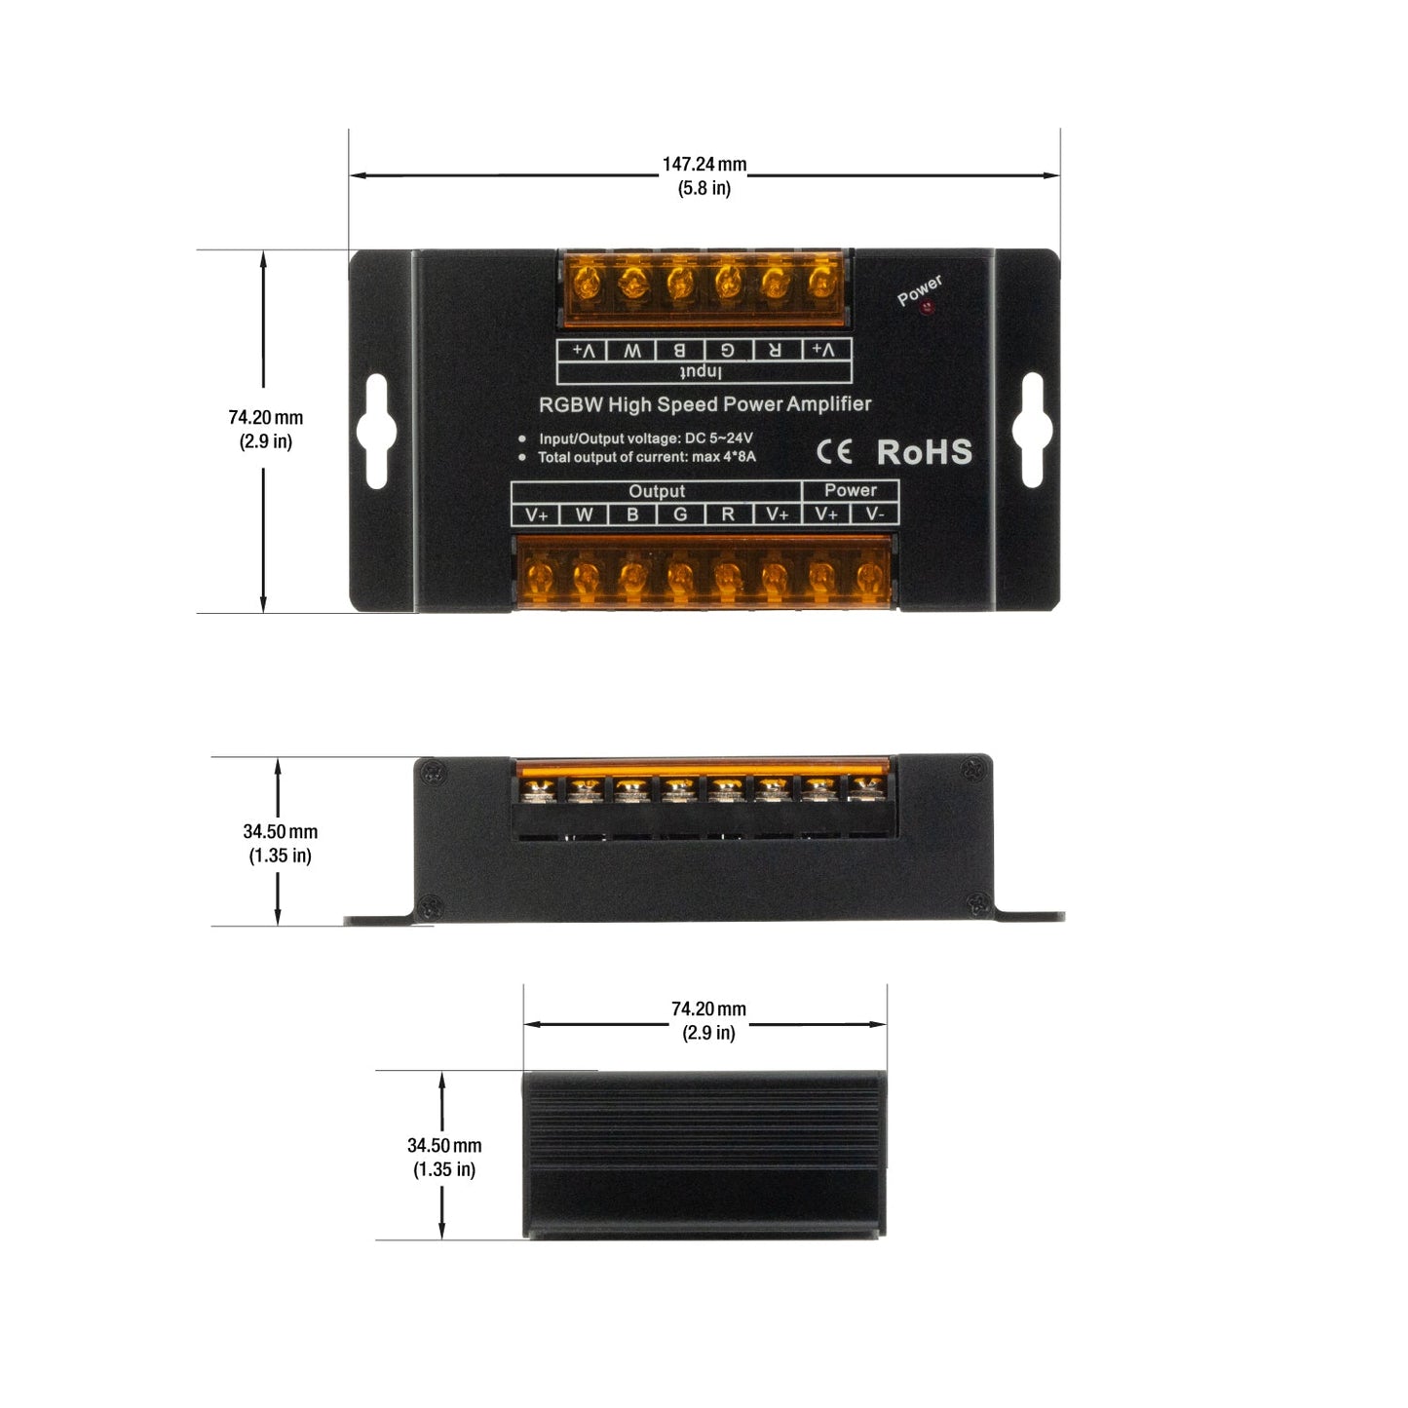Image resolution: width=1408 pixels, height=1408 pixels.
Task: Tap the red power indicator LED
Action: [x=928, y=307]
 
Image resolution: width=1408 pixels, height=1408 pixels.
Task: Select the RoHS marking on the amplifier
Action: [x=925, y=451]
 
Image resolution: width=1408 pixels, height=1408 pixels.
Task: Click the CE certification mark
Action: [x=834, y=451]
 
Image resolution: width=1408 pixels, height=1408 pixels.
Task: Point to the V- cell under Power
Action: [x=875, y=514]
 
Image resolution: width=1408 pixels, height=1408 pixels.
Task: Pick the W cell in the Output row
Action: [x=584, y=514]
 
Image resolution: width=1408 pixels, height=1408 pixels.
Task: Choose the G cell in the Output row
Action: [x=680, y=514]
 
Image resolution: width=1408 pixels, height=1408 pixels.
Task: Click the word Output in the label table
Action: [x=657, y=491]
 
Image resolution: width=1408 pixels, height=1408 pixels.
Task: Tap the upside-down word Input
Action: [x=701, y=372]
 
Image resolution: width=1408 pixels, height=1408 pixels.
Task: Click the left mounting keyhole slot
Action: [x=376, y=431]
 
